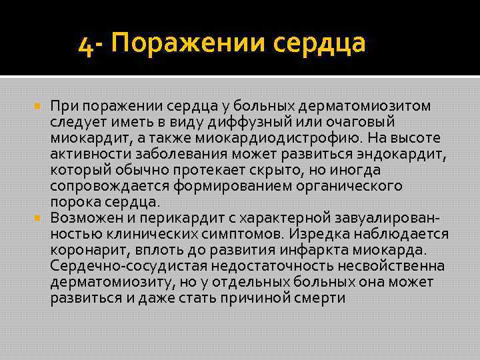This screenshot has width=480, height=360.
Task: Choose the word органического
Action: tap(349, 186)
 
